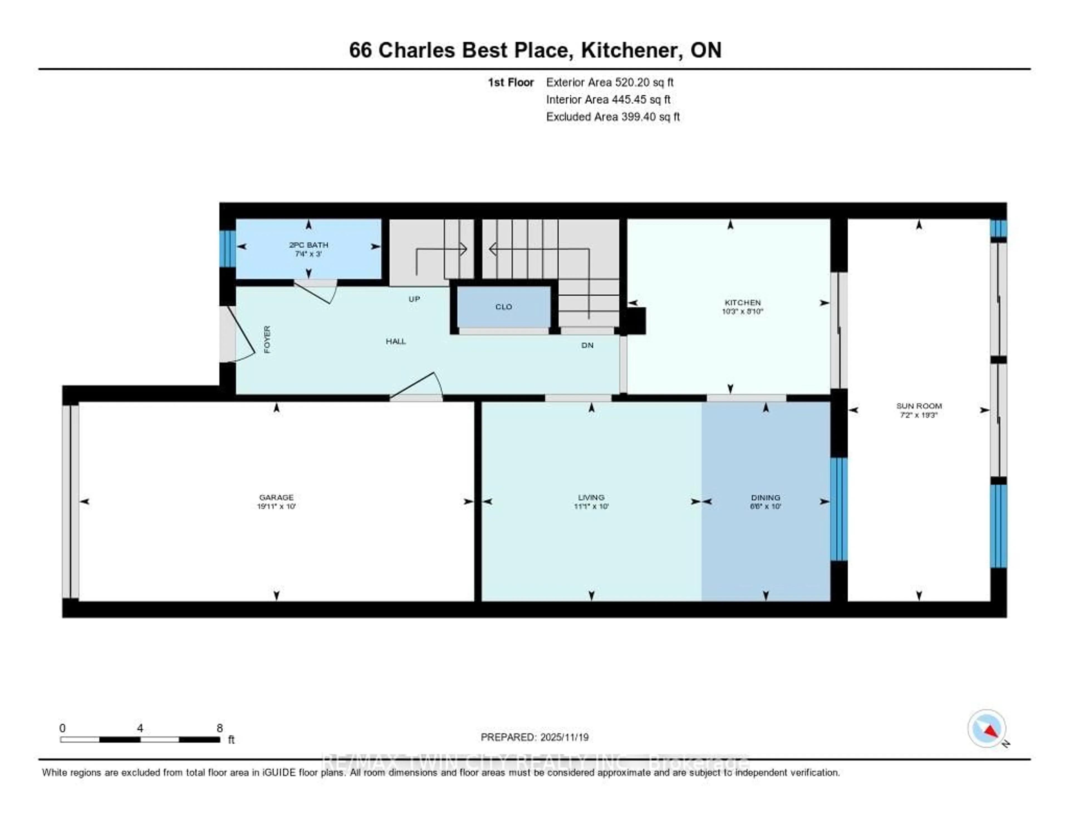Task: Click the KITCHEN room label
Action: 742,303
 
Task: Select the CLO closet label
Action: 504,307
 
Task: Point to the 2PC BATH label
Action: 308,245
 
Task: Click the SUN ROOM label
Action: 919,406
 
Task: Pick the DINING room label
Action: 766,497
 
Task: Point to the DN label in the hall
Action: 587,345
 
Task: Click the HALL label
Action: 396,341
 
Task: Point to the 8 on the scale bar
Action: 220,728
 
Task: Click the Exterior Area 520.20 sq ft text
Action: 609,82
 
